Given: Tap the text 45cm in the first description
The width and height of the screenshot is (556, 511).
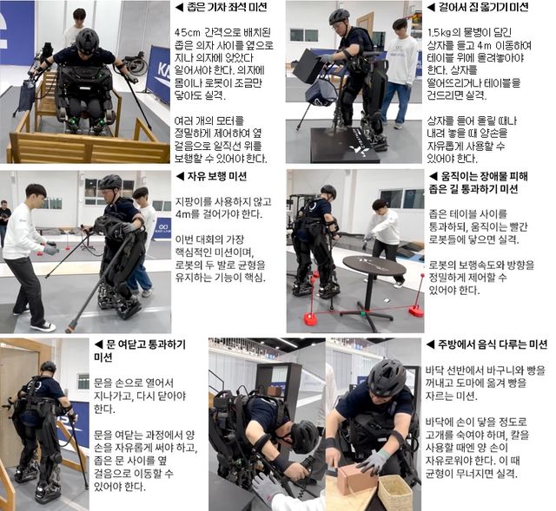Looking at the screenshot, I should click(190, 33).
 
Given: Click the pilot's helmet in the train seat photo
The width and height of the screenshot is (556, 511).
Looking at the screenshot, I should click(87, 40).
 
